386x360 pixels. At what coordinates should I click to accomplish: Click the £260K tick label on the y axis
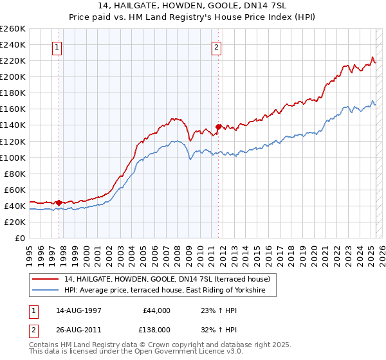[13, 29]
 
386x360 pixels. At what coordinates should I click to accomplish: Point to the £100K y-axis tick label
[13, 157]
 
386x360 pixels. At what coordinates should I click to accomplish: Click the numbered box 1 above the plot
[58, 46]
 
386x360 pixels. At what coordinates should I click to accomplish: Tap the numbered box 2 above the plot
[217, 46]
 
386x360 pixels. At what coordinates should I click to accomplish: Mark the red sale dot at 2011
[219, 127]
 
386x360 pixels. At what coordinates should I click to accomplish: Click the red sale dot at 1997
[59, 203]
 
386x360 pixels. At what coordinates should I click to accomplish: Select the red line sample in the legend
[46, 279]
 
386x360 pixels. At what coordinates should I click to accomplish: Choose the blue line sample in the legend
[46, 291]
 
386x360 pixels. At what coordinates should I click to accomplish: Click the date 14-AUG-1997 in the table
[78, 310]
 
